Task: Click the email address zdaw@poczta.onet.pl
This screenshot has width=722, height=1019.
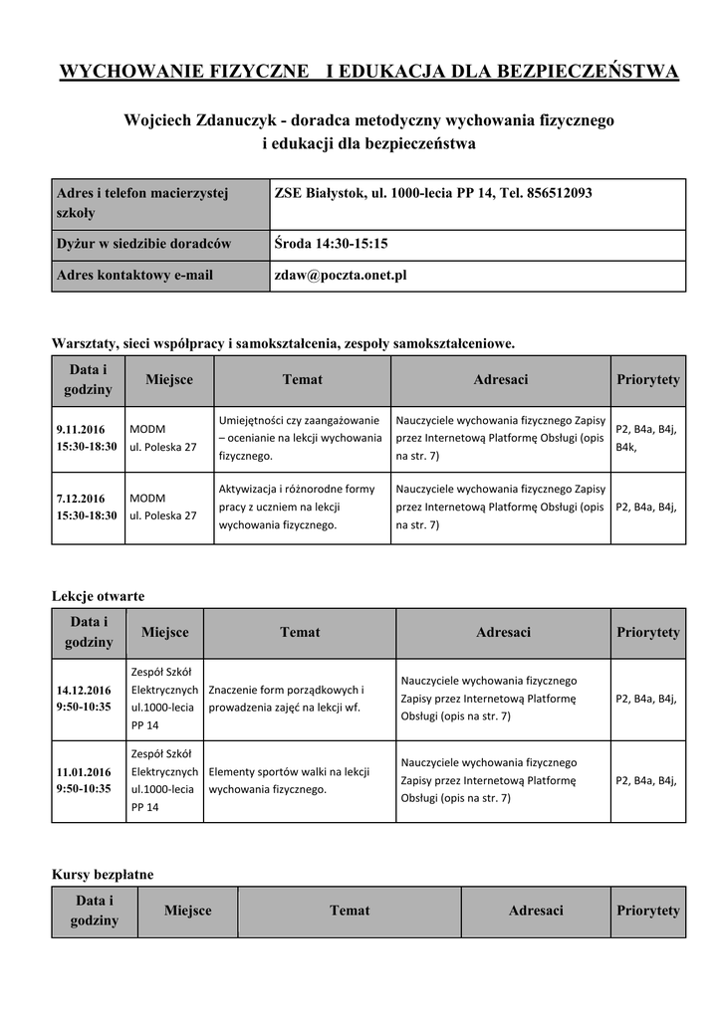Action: [x=341, y=276]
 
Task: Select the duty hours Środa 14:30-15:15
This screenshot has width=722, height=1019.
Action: [x=331, y=244]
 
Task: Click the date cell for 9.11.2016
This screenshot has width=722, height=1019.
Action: [x=87, y=438]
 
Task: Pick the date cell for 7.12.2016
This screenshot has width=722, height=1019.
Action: [x=87, y=507]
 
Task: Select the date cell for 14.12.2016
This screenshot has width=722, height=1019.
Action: [x=84, y=699]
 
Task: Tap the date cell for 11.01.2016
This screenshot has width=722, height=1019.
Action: [x=84, y=780]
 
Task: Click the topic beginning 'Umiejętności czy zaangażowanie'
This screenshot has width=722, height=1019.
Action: [x=300, y=438]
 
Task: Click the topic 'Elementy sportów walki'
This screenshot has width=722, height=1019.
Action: [x=290, y=780]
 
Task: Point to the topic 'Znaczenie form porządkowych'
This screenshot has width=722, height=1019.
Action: [x=287, y=699]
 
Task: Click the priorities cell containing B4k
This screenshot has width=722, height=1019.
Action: [x=647, y=438]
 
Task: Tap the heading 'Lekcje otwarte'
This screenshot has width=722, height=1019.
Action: [x=98, y=596]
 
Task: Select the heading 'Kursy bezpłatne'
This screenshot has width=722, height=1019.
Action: [x=103, y=874]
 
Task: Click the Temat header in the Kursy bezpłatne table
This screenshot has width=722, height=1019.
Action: [x=350, y=911]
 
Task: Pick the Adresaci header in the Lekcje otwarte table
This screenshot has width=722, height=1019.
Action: [x=503, y=632]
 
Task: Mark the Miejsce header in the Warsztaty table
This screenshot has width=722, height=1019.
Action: [x=169, y=379]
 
